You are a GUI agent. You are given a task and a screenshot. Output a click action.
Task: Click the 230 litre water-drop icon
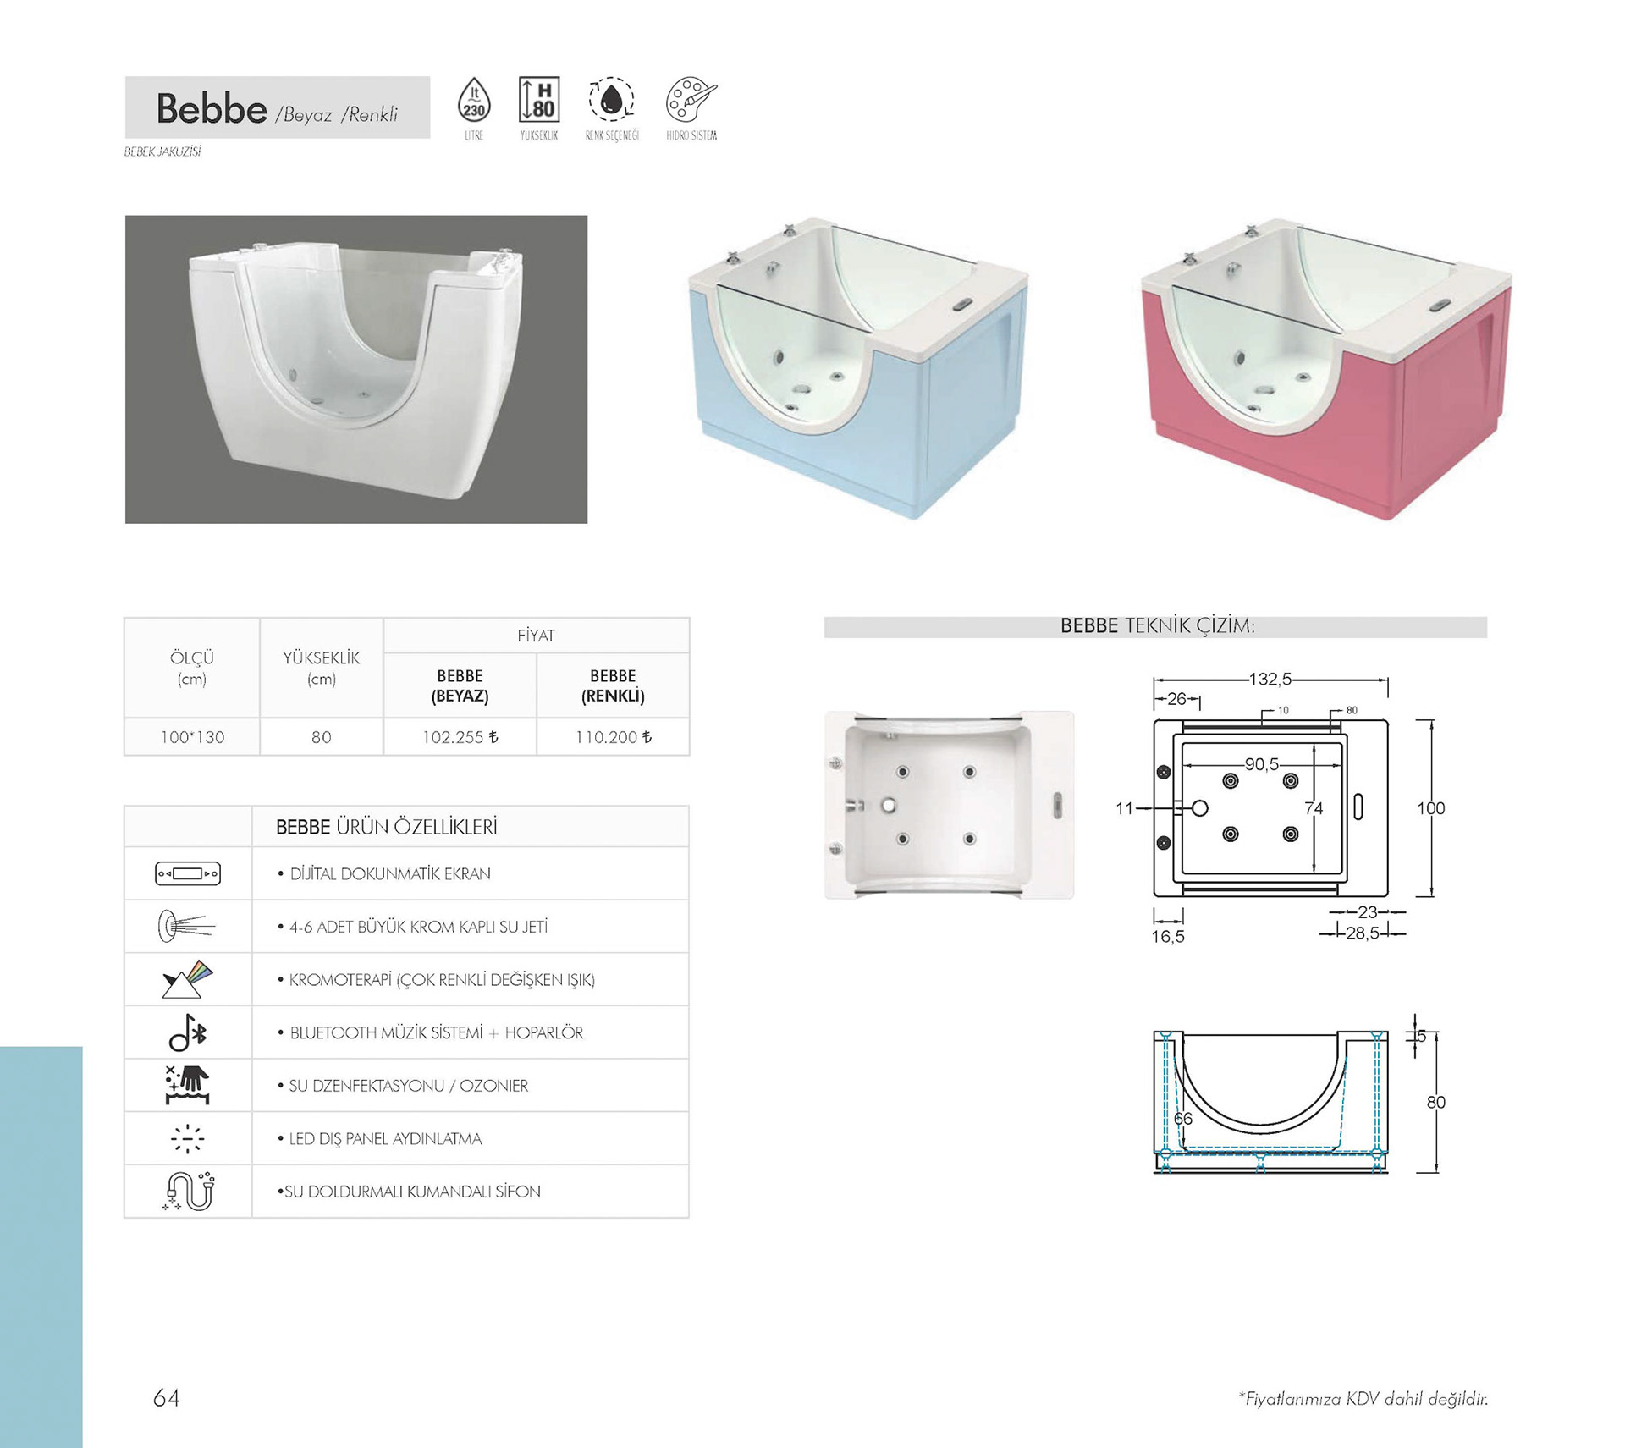474,100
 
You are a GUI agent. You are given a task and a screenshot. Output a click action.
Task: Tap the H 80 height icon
539,100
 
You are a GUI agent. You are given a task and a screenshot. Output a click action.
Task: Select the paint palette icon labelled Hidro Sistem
691,100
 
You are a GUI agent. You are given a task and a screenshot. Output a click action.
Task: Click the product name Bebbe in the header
212,108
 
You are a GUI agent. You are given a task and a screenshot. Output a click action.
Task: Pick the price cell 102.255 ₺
460,737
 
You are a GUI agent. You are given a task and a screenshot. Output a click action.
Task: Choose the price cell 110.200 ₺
614,737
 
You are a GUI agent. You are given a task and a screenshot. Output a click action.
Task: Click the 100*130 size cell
192,737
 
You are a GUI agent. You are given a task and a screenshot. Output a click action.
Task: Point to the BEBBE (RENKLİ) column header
613,685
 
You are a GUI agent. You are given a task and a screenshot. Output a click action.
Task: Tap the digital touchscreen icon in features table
188,873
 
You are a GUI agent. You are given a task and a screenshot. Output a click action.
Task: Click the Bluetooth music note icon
188,1032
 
